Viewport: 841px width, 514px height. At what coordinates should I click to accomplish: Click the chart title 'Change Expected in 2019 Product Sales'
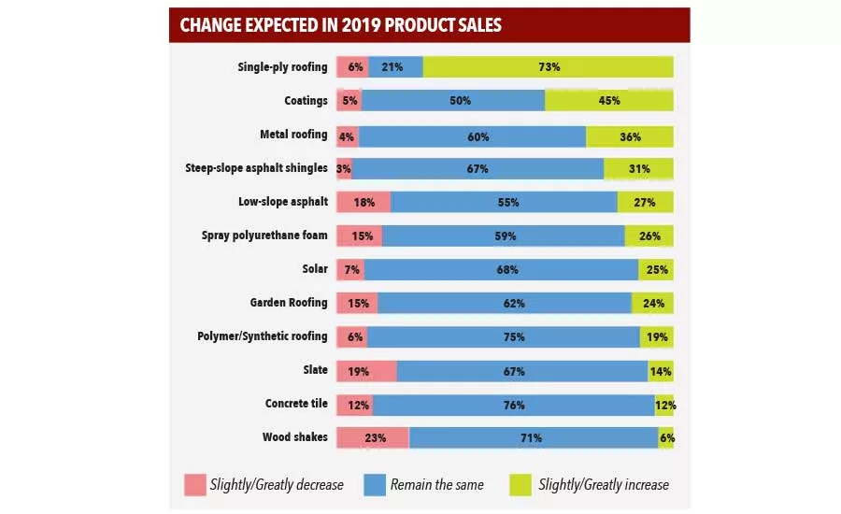click(x=341, y=25)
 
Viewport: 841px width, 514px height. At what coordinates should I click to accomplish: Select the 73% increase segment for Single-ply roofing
click(x=549, y=67)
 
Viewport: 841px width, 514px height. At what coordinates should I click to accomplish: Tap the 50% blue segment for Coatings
click(x=453, y=101)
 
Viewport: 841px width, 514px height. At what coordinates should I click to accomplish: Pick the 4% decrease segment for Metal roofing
click(x=348, y=136)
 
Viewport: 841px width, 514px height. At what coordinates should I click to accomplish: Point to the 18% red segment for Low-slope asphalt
click(x=363, y=202)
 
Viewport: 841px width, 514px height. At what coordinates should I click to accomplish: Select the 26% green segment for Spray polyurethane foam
click(x=649, y=236)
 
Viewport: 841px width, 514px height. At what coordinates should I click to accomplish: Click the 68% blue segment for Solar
click(x=502, y=270)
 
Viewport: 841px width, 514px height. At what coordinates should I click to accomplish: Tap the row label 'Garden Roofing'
click(x=289, y=303)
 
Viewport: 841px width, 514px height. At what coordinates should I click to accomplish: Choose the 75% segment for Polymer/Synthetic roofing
click(x=504, y=336)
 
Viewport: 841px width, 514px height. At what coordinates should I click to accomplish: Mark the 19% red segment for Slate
click(x=366, y=371)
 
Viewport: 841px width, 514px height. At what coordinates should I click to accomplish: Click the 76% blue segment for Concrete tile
click(x=513, y=405)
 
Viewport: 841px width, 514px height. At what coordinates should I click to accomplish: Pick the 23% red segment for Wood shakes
click(x=373, y=437)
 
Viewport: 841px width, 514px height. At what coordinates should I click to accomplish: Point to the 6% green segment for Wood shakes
click(x=666, y=437)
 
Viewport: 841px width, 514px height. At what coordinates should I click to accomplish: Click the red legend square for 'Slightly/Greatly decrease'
click(x=194, y=485)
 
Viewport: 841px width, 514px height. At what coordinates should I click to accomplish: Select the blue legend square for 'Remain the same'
click(x=374, y=485)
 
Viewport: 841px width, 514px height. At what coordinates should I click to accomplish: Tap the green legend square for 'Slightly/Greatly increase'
click(x=520, y=485)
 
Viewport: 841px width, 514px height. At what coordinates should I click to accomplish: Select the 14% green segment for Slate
click(x=661, y=371)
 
